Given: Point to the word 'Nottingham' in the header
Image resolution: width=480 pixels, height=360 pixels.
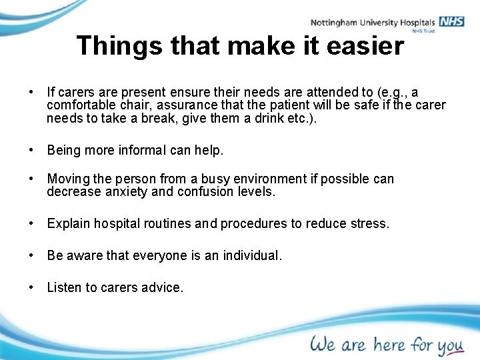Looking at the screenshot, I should (333, 22).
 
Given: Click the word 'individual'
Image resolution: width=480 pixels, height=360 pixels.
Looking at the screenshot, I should (251, 256).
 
